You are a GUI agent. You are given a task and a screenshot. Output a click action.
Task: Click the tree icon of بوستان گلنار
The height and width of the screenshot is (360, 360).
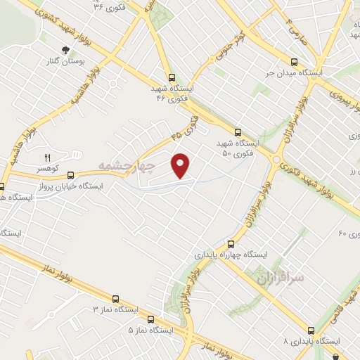click(x=65, y=49)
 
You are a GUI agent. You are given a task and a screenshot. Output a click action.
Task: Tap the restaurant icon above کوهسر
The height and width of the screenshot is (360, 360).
click(x=49, y=157)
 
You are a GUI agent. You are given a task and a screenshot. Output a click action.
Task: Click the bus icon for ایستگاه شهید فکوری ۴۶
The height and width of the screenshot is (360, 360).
click(x=172, y=79)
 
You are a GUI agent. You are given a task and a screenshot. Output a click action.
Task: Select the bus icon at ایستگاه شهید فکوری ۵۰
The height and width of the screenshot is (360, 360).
click(x=237, y=131)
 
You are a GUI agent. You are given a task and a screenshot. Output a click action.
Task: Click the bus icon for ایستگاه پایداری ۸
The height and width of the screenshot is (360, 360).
click(x=311, y=330)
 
